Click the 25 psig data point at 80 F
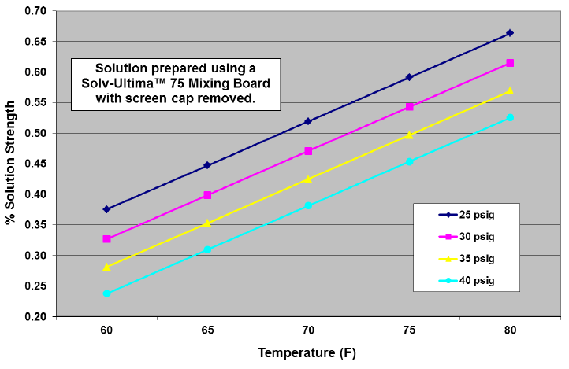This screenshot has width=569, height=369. (x=510, y=33)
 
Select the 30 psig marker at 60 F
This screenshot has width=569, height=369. (x=106, y=238)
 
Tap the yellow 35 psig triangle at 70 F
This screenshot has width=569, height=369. (x=308, y=179)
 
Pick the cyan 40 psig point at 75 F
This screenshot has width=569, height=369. (x=409, y=161)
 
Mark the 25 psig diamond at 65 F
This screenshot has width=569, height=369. (x=207, y=165)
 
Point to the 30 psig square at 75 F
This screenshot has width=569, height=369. (x=409, y=106)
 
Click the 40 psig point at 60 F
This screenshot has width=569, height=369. (x=106, y=293)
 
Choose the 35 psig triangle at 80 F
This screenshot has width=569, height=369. (x=510, y=90)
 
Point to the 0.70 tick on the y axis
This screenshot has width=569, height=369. (x=35, y=11)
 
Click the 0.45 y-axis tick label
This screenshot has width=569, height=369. (x=35, y=164)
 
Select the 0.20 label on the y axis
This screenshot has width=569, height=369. (x=35, y=316)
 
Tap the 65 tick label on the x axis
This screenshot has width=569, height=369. (x=207, y=331)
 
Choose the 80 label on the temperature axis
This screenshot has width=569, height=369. (x=510, y=331)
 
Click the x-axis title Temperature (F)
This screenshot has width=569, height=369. (x=308, y=353)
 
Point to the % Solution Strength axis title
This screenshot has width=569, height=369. (x=10, y=164)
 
